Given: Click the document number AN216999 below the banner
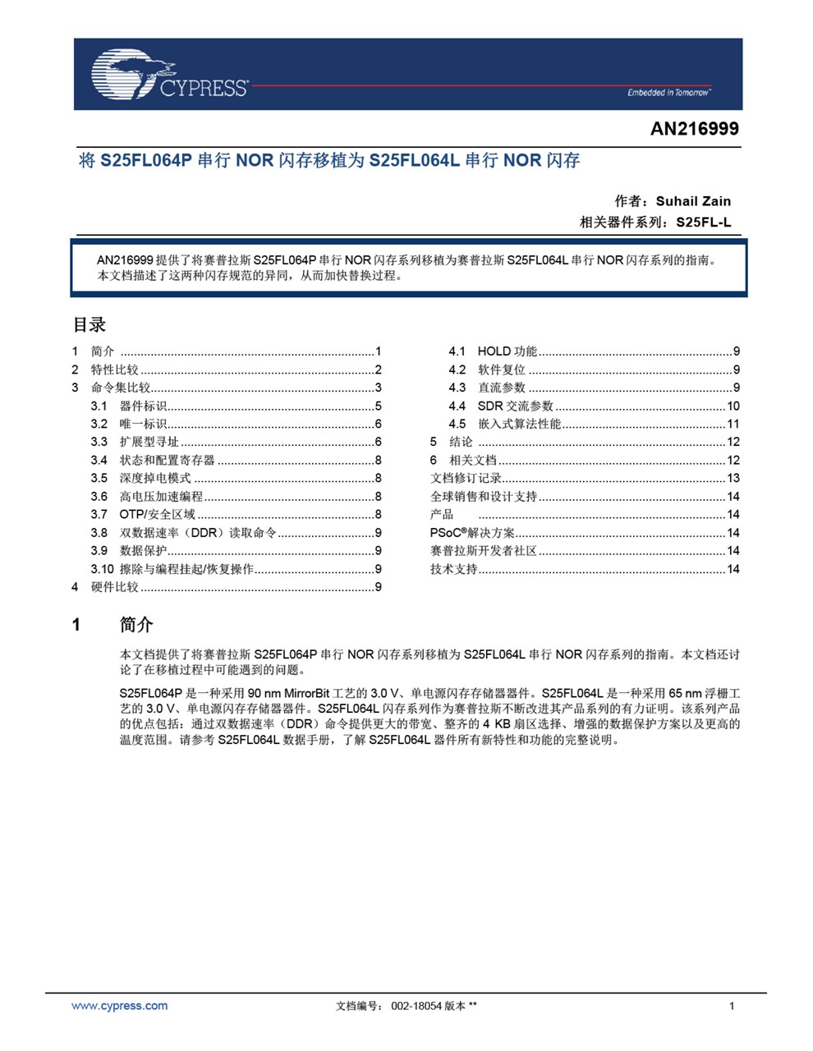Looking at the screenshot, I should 694,129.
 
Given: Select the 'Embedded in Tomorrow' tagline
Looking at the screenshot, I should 668,93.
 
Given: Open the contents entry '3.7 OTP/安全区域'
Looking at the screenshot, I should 157,515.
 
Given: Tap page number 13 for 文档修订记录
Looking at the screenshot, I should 733,478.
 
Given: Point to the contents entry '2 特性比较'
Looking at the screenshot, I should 114,369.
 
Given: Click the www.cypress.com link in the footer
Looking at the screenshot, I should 119,1006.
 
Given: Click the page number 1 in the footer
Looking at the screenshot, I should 732,1006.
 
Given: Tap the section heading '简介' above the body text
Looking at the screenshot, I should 136,625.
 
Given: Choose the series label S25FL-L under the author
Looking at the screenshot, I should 703,223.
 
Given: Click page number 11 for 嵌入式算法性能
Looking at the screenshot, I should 733,424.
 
